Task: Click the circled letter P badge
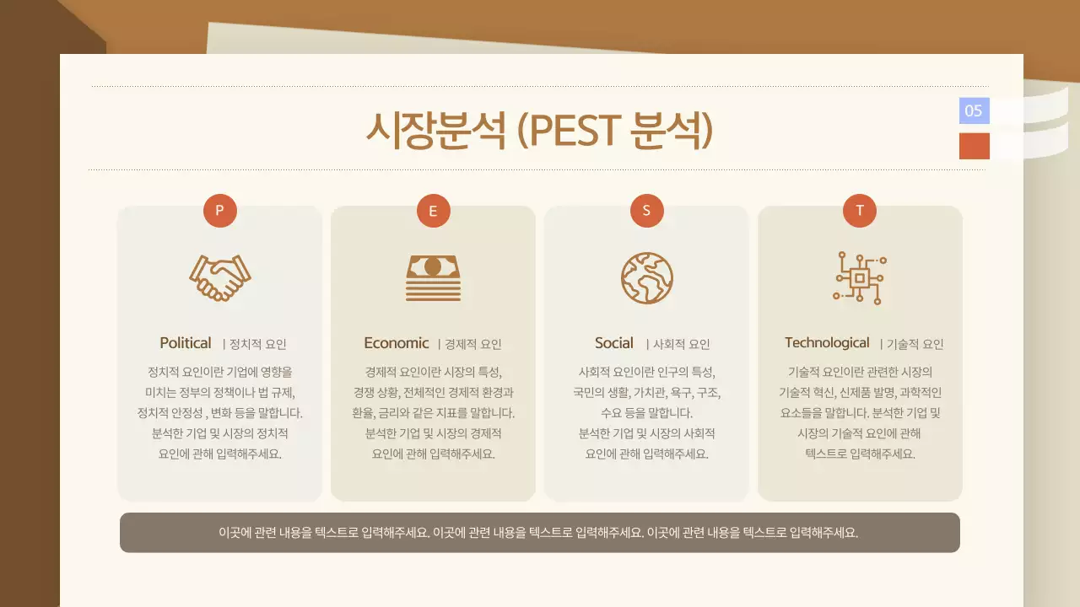[220, 211]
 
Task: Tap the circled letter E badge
[434, 211]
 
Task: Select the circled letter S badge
[647, 211]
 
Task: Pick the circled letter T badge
[860, 211]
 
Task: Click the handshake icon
[220, 277]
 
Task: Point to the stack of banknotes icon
[434, 277]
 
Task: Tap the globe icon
[647, 277]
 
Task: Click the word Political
[186, 343]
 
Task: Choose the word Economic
[397, 343]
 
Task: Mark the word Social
[614, 343]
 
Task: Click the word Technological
[827, 342]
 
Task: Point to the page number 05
[974, 110]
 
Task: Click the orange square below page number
[974, 146]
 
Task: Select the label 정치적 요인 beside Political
[258, 344]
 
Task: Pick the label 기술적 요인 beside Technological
[915, 344]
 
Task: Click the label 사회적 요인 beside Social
[682, 344]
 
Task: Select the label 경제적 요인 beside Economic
[473, 344]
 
